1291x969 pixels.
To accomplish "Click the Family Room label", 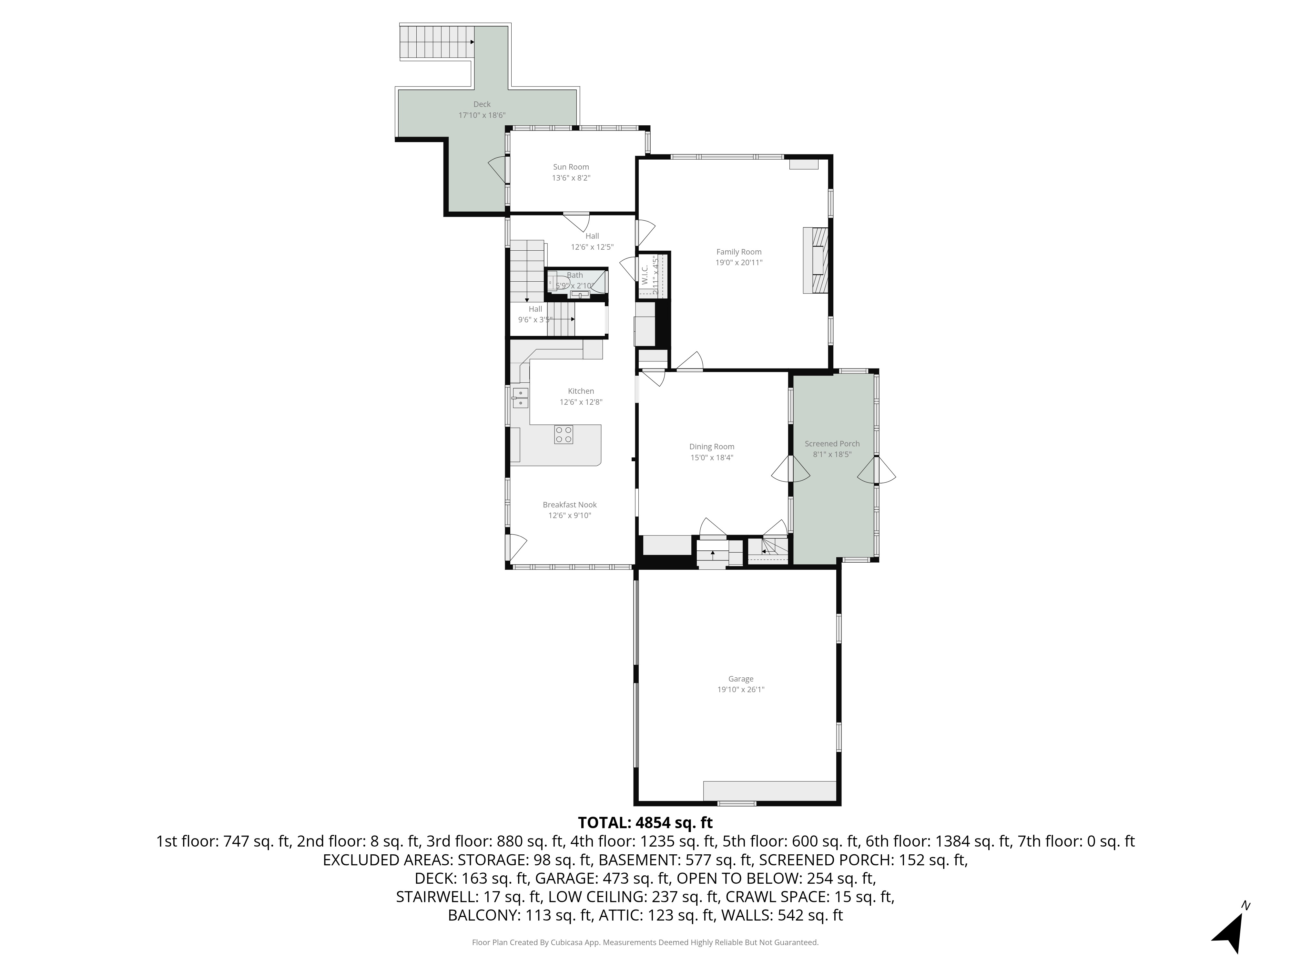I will pyautogui.click(x=739, y=252).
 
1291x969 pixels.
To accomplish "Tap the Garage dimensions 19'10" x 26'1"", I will pyautogui.click(x=741, y=689).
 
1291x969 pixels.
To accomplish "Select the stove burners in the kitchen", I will pyautogui.click(x=563, y=434).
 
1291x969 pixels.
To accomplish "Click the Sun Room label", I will pyautogui.click(x=571, y=167).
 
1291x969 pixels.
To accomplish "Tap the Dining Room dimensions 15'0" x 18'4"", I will pyautogui.click(x=711, y=457).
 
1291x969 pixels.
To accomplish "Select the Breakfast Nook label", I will pyautogui.click(x=570, y=505).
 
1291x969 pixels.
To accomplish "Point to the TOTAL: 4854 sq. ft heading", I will pyautogui.click(x=645, y=822).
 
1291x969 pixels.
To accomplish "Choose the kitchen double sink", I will pyautogui.click(x=520, y=398).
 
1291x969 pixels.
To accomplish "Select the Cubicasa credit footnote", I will pyautogui.click(x=645, y=942).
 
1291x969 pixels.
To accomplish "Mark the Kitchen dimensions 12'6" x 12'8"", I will pyautogui.click(x=581, y=402).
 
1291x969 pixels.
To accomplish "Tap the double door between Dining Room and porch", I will pyautogui.click(x=791, y=469).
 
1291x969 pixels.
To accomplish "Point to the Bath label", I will pyautogui.click(x=575, y=275).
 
